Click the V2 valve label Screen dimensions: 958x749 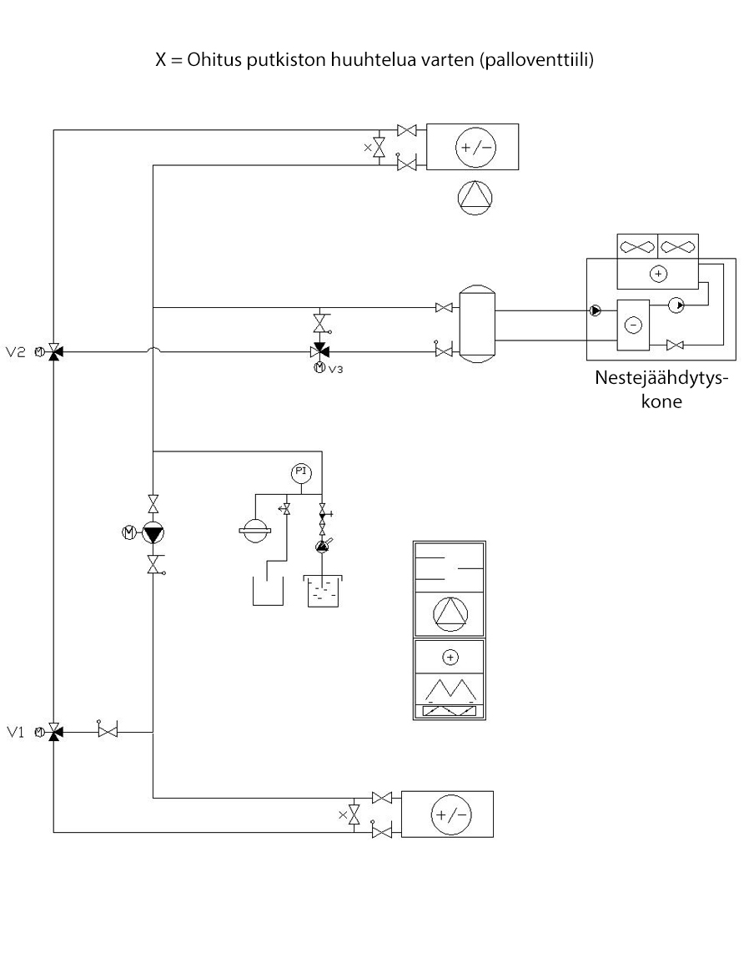point(17,352)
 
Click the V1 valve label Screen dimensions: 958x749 point(17,732)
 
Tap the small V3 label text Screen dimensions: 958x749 point(335,368)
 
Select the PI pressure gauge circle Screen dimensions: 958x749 point(301,473)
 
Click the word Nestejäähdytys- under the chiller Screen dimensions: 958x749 point(661,376)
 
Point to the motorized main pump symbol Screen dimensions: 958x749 point(153,532)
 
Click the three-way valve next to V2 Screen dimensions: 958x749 point(53,352)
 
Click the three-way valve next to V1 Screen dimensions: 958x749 point(53,732)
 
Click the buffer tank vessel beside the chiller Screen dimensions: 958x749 point(478,325)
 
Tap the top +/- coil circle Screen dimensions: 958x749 point(472,148)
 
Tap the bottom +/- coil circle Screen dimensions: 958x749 point(449,814)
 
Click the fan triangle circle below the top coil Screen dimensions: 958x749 point(475,197)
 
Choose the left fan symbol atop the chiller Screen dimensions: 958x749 point(637,247)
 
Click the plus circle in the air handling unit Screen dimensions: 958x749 point(450,658)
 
